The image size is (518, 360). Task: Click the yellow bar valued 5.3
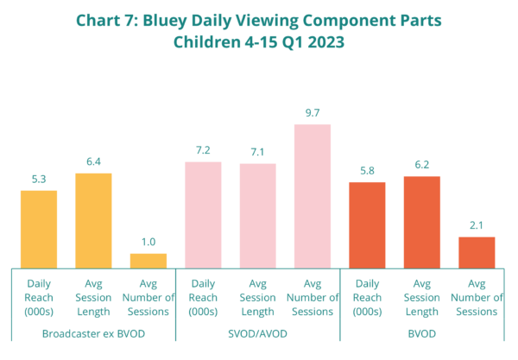39,228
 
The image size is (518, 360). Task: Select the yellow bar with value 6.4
93,219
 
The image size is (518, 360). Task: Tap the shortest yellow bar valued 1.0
148,259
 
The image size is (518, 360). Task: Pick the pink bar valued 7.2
203,214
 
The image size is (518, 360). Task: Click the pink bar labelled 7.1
257,215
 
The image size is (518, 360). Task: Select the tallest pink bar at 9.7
313,195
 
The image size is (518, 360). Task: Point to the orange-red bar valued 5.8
367,224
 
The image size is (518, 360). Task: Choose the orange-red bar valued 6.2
421,221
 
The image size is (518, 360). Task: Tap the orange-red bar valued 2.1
477,251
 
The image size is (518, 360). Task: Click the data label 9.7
313,113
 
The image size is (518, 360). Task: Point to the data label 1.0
148,243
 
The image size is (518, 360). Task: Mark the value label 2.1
477,226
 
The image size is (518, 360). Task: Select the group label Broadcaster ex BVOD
93,332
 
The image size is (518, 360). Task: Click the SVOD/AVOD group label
257,332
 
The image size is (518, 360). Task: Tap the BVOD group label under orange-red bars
422,332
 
